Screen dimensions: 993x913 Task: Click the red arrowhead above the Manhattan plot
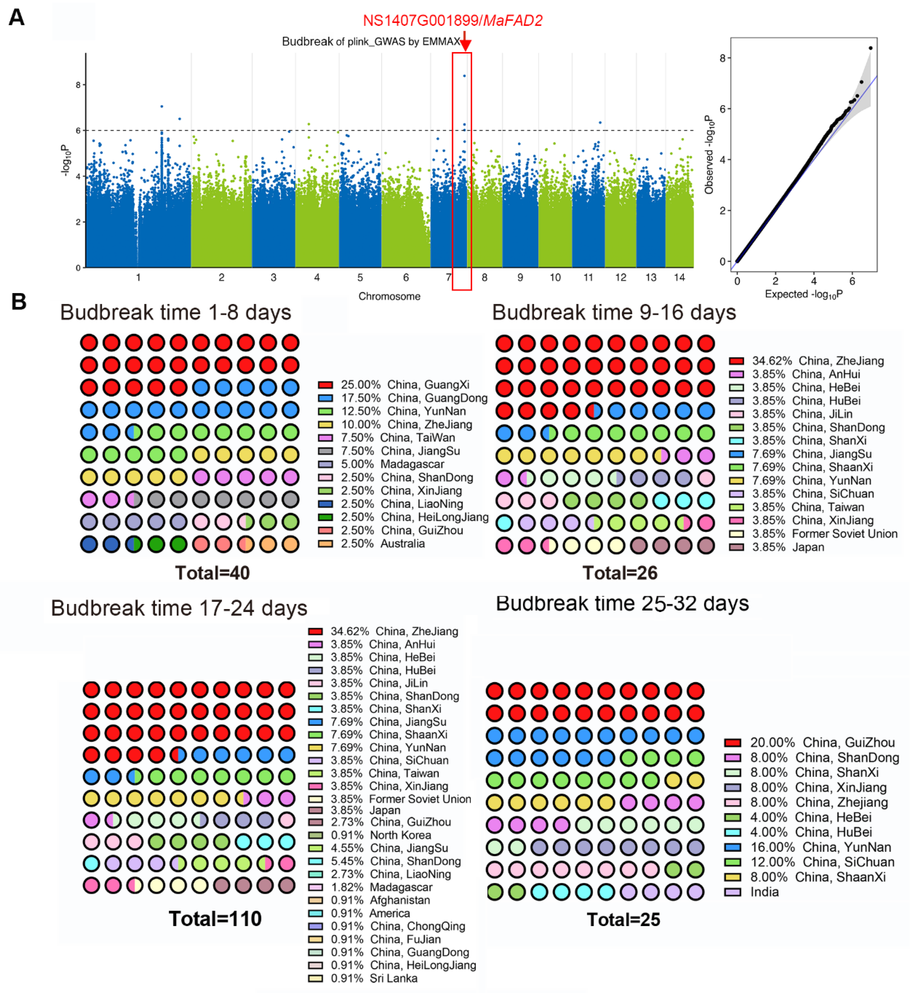pos(465,46)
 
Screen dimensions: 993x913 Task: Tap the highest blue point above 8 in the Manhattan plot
pos(464,76)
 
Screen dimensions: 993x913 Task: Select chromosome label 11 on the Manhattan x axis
pos(588,277)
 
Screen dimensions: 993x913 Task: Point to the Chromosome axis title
pos(389,296)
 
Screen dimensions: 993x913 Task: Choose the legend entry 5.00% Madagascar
pos(381,464)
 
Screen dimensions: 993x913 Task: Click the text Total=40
pos(213,573)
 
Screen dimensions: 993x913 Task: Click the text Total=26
pos(620,573)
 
